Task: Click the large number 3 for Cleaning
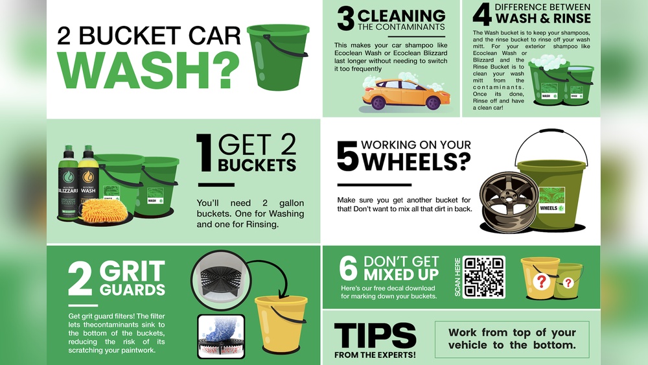coord(345,19)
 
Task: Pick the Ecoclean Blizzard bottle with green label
coord(68,184)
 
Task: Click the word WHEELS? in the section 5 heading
coord(416,162)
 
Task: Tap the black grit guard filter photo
coord(217,279)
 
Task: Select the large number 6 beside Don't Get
coord(349,268)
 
